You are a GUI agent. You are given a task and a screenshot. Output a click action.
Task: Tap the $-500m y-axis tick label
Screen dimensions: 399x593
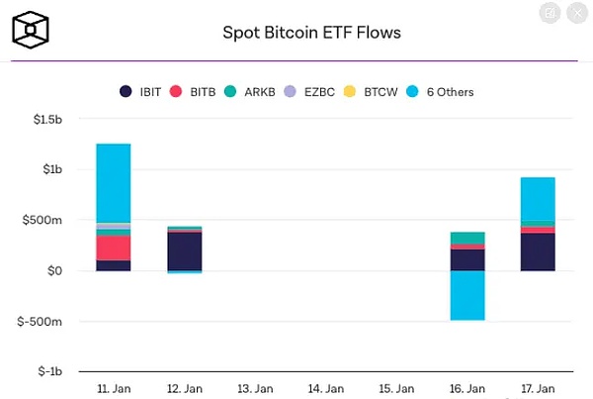[x=45, y=322]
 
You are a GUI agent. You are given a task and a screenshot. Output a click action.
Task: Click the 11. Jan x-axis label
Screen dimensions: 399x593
[x=114, y=388]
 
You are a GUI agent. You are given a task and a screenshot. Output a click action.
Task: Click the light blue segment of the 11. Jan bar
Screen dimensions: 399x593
[x=114, y=183]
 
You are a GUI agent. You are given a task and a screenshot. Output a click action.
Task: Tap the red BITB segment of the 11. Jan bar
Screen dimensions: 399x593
[x=114, y=248]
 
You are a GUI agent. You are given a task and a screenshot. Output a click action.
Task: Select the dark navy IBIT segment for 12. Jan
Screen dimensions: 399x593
[x=184, y=251]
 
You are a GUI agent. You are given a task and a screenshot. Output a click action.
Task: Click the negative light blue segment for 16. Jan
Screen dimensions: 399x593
[x=466, y=295]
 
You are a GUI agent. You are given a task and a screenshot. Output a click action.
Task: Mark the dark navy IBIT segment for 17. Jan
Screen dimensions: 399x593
[x=537, y=252]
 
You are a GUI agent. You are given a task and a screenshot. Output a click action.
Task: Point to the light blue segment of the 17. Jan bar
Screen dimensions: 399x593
[x=537, y=199]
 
